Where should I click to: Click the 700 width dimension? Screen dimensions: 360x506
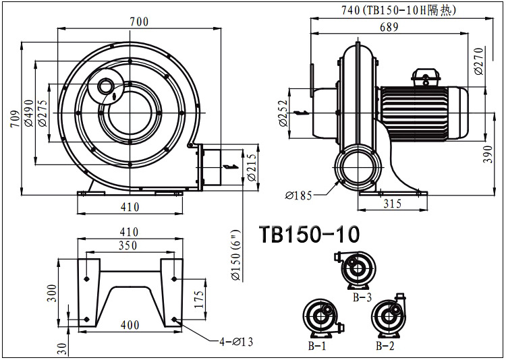pyautogui.click(x=139, y=22)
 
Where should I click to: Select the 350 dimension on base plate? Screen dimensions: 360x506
pyautogui.click(x=128, y=246)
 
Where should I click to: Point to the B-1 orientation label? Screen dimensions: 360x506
pyautogui.click(x=316, y=346)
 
